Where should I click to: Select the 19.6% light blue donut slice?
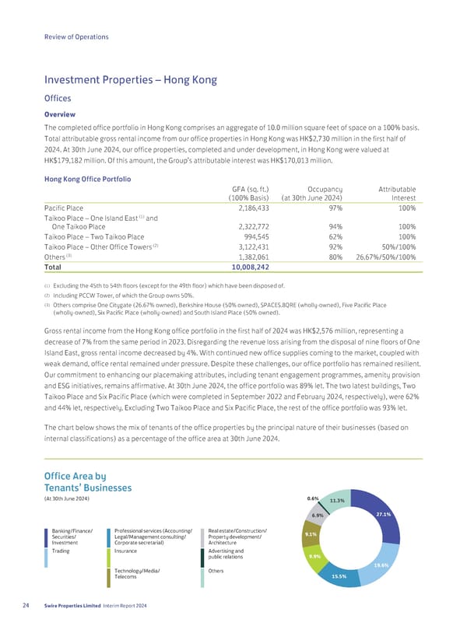[381, 565]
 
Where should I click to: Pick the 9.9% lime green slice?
[315, 557]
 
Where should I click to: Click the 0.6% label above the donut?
[312, 498]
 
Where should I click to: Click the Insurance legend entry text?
[126, 551]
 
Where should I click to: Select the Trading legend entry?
[61, 551]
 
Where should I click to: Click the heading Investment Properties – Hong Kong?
[131, 80]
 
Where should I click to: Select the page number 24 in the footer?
[28, 607]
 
